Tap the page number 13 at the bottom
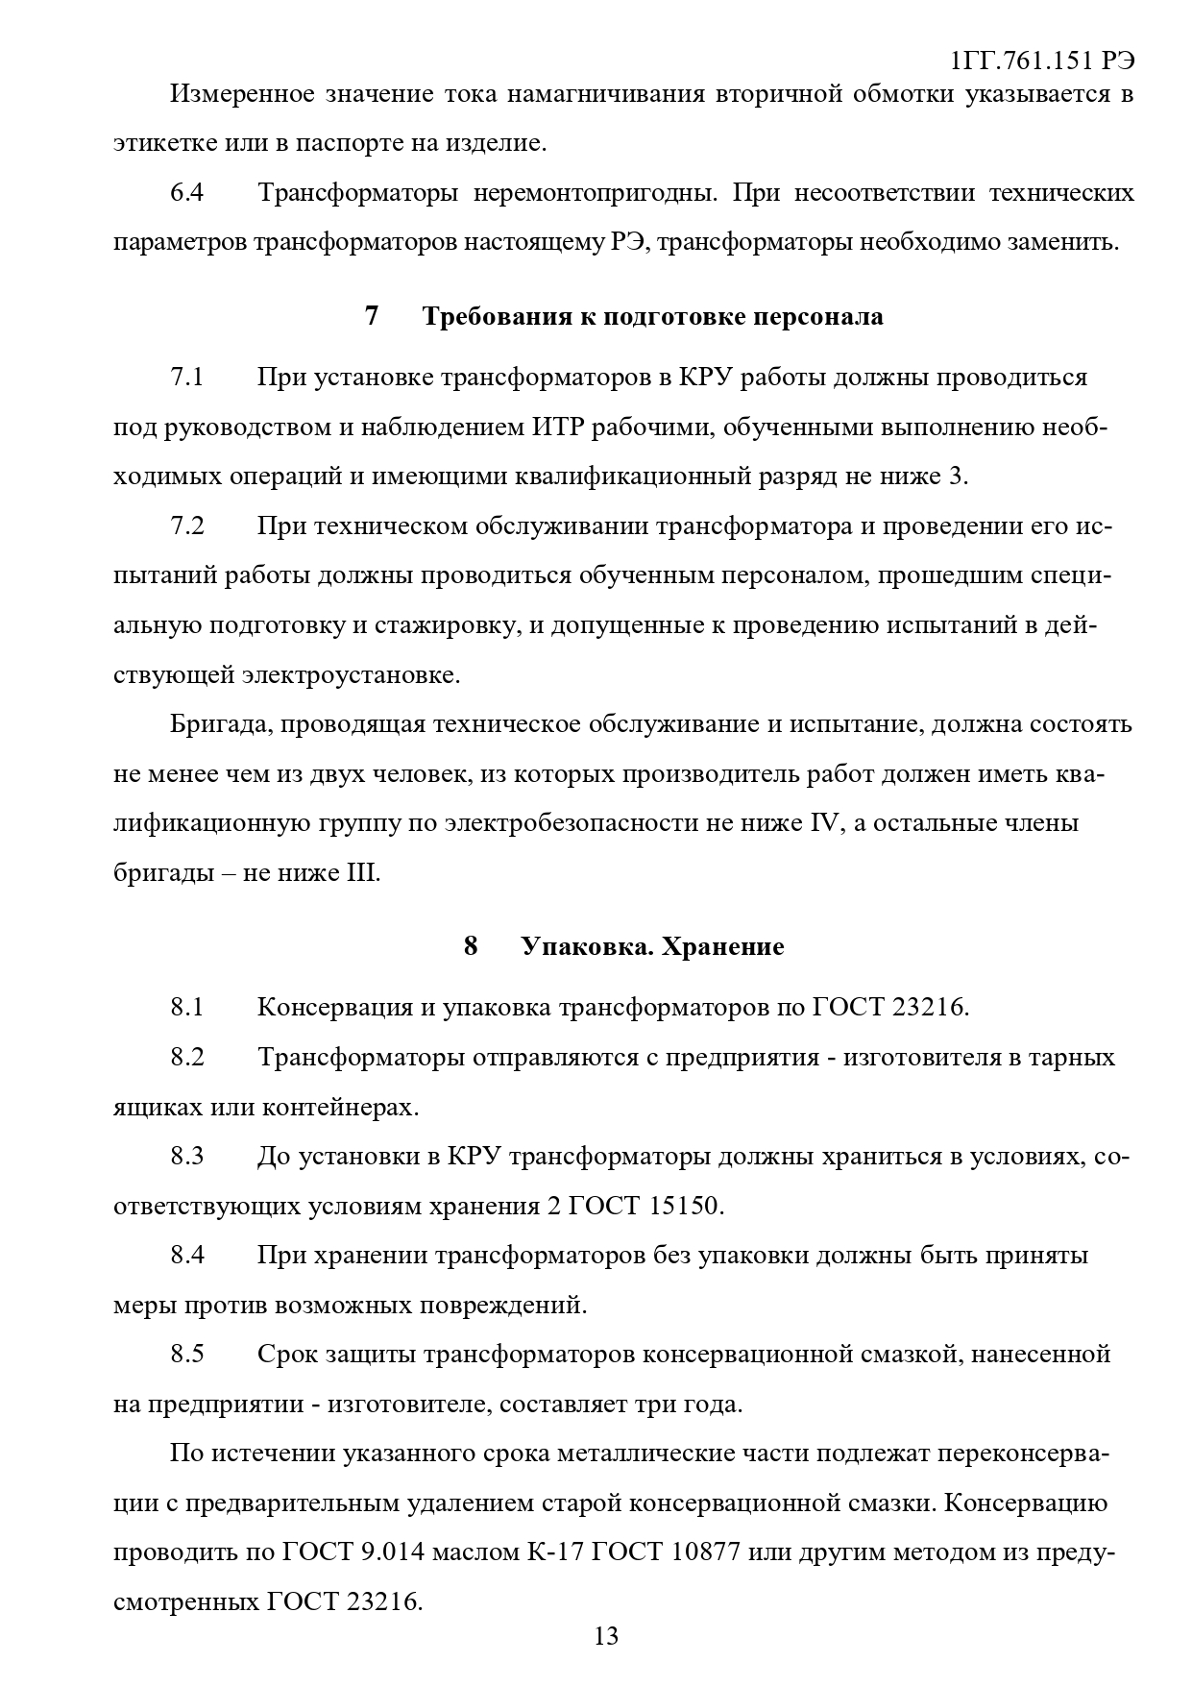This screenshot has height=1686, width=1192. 606,1636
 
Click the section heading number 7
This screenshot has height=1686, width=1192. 372,316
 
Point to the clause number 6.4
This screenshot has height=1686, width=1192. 187,193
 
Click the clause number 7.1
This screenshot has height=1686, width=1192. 187,377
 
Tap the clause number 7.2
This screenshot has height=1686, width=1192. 187,526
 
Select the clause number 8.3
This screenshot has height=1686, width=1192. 187,1156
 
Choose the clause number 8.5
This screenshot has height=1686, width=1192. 187,1354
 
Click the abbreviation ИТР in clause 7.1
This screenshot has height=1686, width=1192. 556,427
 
